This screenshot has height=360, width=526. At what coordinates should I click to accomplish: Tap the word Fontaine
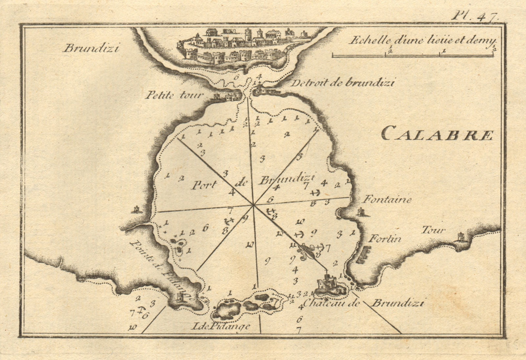point(387,200)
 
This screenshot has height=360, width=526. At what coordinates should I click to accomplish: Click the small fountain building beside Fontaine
point(362,212)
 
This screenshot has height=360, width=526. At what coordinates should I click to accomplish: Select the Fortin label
point(385,239)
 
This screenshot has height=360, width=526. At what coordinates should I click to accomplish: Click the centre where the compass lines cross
point(253,205)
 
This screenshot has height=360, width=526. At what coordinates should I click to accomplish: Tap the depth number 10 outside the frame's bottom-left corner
point(133,327)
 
